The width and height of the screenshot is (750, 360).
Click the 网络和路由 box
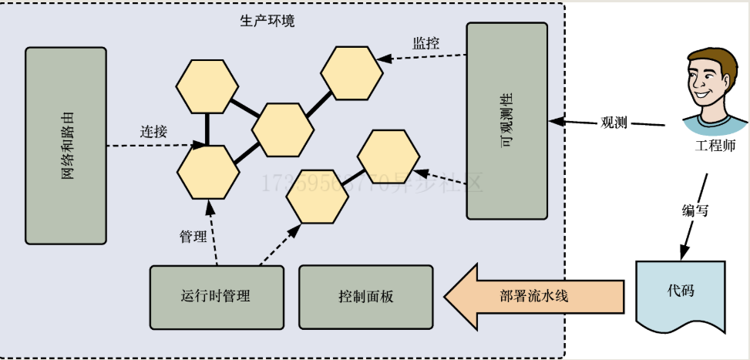click(66, 146)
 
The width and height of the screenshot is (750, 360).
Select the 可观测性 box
click(506, 120)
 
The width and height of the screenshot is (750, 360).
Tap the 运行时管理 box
click(217, 296)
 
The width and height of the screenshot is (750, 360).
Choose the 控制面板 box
click(365, 296)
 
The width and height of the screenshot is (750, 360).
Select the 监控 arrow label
click(425, 44)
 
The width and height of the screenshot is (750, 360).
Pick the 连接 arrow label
click(153, 131)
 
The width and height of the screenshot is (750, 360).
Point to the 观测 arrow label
click(614, 123)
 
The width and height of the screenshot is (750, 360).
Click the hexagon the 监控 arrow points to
click(351, 73)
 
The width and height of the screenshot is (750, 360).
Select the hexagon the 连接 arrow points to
click(207, 171)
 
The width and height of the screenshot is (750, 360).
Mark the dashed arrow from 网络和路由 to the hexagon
click(154, 145)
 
